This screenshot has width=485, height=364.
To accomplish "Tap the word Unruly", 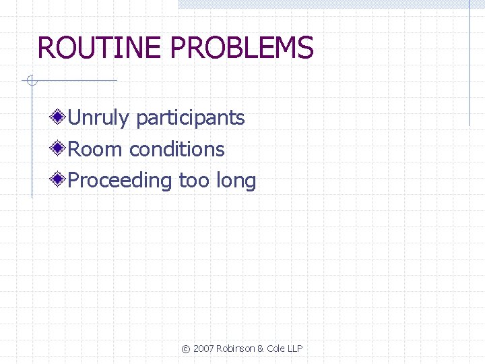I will tap(98, 119).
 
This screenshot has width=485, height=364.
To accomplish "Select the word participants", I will tap(191, 119).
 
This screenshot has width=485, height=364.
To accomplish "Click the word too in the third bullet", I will tap(194, 181).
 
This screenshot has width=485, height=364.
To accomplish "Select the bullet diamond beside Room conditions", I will tap(59, 148).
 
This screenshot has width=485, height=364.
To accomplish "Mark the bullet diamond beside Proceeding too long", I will tap(59, 180).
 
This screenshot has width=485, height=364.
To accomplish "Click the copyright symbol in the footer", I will tap(186, 348).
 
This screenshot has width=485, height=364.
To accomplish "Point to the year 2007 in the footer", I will tap(203, 348).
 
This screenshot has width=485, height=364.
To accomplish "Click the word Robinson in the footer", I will tap(235, 348).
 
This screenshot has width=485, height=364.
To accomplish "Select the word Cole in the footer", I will tap(275, 348).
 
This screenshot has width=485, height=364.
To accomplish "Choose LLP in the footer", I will tap(295, 348).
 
